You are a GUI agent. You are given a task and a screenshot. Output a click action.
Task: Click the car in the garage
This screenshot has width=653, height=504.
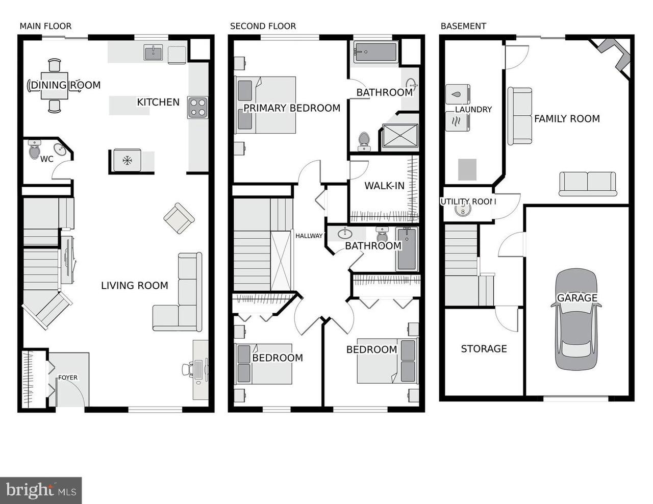576,320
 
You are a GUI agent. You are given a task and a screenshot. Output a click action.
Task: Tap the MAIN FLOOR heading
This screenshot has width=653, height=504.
45,26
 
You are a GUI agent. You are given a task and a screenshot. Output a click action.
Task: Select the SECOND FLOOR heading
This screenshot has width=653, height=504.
263,26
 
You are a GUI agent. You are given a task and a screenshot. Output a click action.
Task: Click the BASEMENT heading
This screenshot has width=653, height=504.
463,26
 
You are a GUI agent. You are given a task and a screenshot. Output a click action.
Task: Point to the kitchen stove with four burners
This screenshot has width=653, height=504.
197,108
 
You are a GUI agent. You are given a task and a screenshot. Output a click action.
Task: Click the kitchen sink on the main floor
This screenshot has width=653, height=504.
153,53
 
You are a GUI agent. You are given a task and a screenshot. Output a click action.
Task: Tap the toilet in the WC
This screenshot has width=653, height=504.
35,150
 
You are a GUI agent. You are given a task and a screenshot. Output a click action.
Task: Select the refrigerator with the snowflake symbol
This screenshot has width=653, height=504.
126,161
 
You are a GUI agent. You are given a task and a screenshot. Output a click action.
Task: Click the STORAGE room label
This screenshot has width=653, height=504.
484,349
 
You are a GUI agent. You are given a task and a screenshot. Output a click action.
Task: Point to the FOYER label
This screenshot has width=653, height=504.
68,377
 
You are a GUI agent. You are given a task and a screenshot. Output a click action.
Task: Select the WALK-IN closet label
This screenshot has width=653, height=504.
384,186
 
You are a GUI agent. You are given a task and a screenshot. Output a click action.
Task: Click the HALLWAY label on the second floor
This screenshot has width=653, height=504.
309,236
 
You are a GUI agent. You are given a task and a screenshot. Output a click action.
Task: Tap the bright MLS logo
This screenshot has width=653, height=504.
41,490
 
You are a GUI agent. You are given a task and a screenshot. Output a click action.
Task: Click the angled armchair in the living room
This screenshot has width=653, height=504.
179,218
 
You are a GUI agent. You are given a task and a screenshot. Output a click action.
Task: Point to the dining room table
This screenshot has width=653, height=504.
55,86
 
